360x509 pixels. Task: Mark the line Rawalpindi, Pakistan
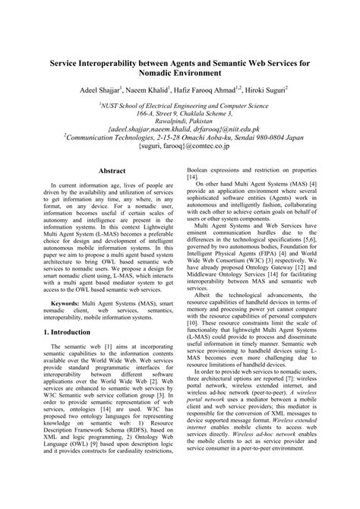(179, 122)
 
